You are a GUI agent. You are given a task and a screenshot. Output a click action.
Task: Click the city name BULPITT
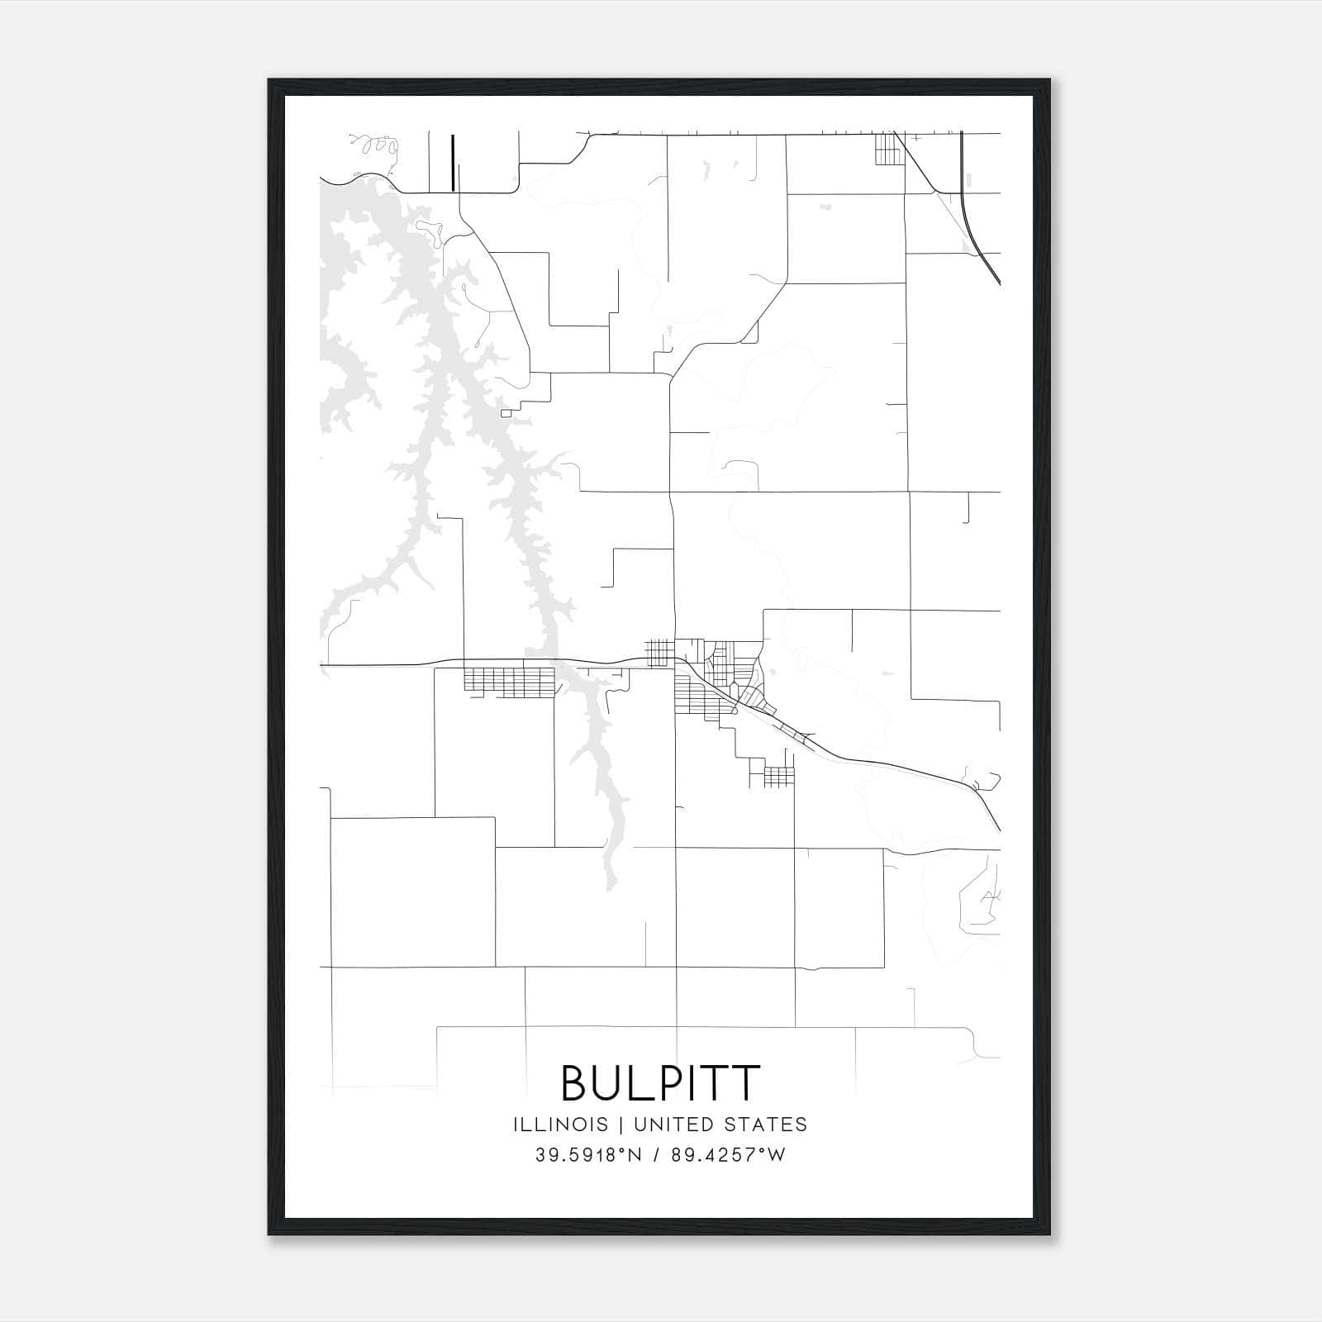659,1083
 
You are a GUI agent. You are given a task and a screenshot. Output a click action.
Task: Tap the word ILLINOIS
560,1125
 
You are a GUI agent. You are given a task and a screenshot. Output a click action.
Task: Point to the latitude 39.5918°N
588,1155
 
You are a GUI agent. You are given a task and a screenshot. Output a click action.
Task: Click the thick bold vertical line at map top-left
453,163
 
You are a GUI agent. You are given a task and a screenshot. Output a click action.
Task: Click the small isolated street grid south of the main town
779,776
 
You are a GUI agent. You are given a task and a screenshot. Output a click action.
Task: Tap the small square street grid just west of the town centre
659,652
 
